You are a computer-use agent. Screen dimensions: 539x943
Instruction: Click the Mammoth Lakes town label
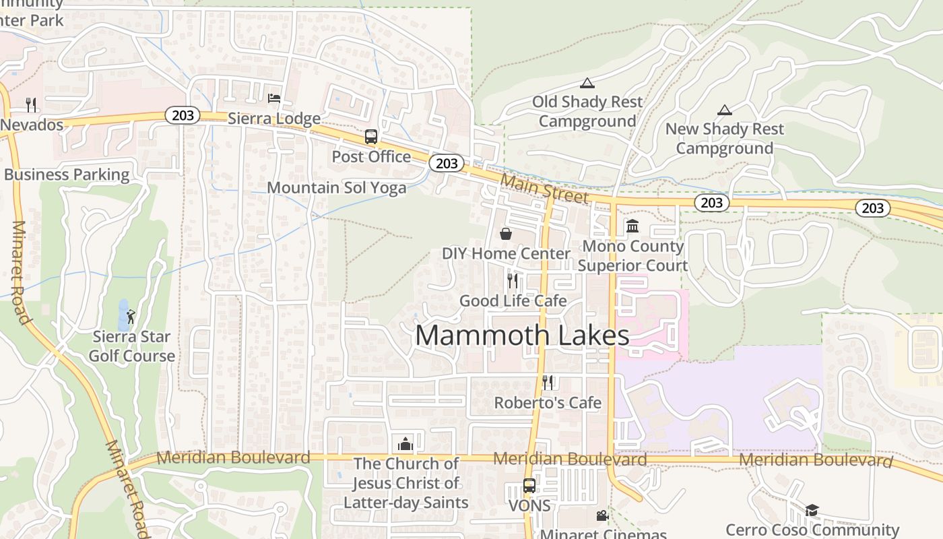click(522, 335)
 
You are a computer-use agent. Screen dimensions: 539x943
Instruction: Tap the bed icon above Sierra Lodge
click(274, 98)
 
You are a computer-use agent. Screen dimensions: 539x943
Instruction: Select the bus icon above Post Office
click(371, 137)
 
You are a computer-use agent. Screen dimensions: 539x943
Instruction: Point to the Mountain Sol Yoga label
click(337, 187)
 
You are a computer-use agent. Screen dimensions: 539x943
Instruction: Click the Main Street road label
click(545, 188)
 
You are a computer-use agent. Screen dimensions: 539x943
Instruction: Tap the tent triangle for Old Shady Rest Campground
click(587, 84)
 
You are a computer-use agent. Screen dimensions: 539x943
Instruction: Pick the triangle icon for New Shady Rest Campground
click(725, 110)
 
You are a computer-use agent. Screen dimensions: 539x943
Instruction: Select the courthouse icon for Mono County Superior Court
click(632, 226)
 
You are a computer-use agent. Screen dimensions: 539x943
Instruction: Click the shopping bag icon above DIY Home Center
click(506, 234)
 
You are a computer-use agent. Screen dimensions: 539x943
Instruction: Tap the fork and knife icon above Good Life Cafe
click(513, 280)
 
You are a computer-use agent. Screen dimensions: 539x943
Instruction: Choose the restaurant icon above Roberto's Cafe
click(548, 383)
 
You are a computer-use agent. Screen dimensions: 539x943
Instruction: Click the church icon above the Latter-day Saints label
click(405, 444)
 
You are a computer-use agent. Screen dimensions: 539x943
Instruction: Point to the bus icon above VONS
click(529, 486)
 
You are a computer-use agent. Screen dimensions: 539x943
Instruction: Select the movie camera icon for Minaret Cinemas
click(602, 515)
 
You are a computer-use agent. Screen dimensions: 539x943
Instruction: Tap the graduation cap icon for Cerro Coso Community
click(812, 510)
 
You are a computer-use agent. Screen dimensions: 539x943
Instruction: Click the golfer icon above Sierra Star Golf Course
click(131, 315)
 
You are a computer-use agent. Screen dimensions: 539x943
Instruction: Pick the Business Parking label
click(67, 175)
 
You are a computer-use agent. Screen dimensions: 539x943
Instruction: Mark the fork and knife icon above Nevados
click(31, 104)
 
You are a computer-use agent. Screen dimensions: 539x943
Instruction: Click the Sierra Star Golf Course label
click(132, 346)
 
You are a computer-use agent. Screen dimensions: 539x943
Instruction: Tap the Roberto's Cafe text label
click(548, 403)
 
